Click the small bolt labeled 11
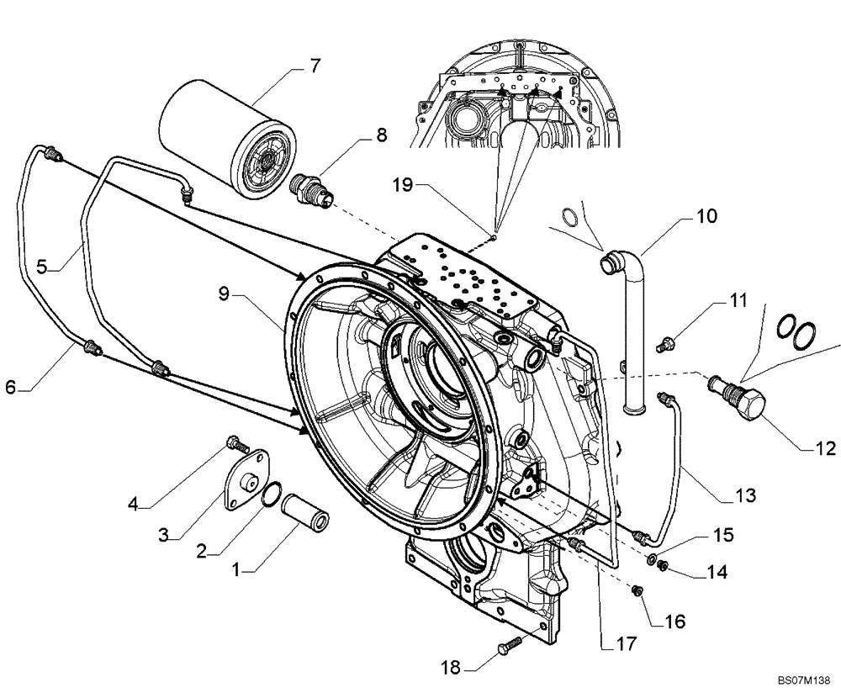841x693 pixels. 668,342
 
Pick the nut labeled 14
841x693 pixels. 664,565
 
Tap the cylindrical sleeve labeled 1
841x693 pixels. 306,512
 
